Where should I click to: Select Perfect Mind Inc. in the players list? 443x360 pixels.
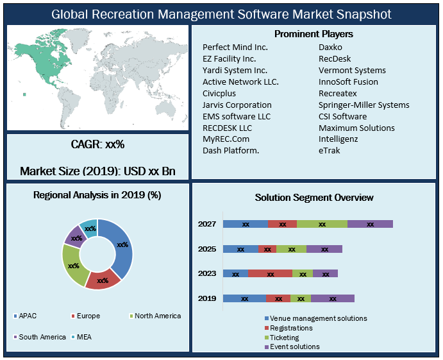point(235,47)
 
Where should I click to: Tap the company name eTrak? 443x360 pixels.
point(330,151)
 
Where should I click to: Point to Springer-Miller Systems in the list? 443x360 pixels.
point(364,105)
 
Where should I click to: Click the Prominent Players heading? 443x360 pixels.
point(313,33)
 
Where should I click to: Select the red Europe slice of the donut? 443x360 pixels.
point(102,280)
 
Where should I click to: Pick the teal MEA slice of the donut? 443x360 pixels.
point(90,228)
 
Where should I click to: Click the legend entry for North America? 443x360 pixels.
point(157,316)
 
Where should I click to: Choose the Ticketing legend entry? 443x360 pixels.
point(284,337)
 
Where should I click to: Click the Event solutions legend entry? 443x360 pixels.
point(294,347)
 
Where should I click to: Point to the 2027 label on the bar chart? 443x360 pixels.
point(206,224)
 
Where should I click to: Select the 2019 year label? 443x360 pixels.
point(206,298)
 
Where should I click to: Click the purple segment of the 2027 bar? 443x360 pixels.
point(370,224)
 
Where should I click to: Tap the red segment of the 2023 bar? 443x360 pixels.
point(270,273)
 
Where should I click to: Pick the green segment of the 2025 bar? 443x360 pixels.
point(291,249)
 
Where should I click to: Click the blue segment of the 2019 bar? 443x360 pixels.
point(244,298)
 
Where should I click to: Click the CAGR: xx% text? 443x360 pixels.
point(97,145)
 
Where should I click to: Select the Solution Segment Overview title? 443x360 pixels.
point(313,198)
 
